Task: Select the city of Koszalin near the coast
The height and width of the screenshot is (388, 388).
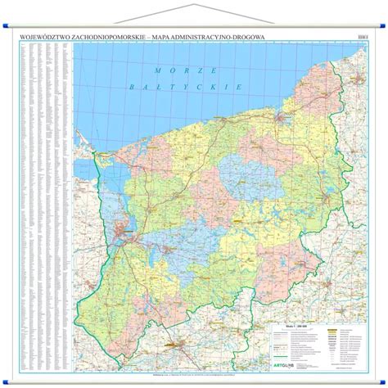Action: click(x=281, y=120)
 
